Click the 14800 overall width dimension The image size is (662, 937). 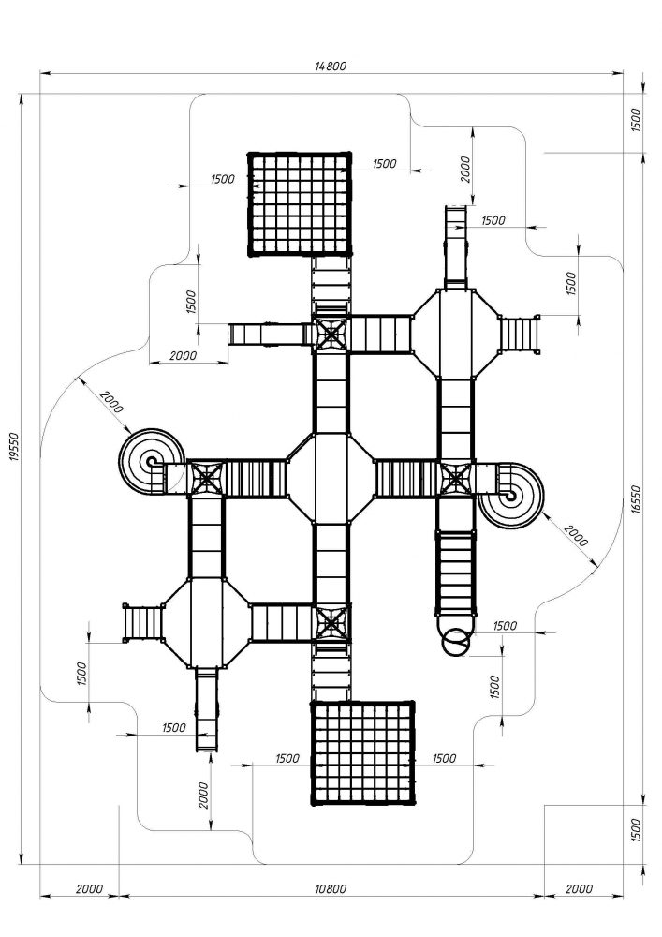pos(331,66)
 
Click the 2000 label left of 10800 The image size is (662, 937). pos(90,888)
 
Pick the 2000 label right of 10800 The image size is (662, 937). pos(579,888)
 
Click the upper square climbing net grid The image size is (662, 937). pos(300,203)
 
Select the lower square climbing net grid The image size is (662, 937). pos(362,752)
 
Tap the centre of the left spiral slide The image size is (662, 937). pos(150,462)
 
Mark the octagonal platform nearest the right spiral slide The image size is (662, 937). pos(455,333)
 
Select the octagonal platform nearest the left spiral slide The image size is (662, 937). pos(205,621)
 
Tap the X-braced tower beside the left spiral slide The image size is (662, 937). pos(206,477)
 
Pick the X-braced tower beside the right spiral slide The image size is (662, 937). pos(456,478)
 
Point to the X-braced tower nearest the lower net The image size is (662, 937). pos(331,622)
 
